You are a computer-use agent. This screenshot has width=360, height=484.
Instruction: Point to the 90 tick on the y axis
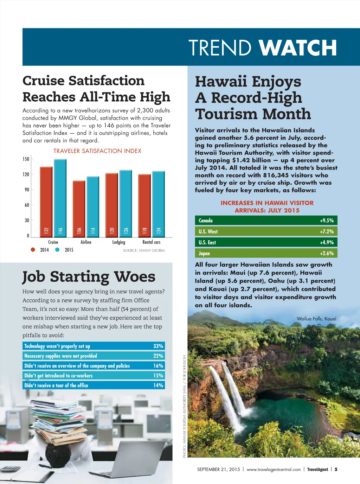tap(27, 190)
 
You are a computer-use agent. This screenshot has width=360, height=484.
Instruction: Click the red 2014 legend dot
tap(33, 250)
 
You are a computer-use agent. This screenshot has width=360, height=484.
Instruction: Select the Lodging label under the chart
tap(118, 242)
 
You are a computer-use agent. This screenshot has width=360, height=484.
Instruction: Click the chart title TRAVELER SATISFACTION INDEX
tap(97, 151)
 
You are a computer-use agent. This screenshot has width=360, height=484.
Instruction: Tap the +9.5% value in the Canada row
tap(327, 221)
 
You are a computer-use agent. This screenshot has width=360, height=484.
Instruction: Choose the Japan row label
tap(204, 253)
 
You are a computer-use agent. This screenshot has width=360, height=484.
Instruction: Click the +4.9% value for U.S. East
tap(327, 242)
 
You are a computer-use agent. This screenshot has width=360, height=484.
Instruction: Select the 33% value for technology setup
tap(158, 346)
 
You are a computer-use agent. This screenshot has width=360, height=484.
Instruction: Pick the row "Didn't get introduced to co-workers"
tap(59, 376)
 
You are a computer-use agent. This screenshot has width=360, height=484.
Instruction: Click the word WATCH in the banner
tap(297, 48)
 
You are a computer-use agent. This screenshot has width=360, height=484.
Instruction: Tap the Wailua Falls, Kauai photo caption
tap(316, 319)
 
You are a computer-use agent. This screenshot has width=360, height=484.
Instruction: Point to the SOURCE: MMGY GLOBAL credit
tap(144, 250)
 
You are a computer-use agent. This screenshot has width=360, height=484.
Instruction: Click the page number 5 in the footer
tap(336, 469)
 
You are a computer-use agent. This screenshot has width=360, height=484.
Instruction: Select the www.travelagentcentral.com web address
tap(274, 469)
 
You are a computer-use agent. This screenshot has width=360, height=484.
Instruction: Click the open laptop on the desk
tap(141, 457)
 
